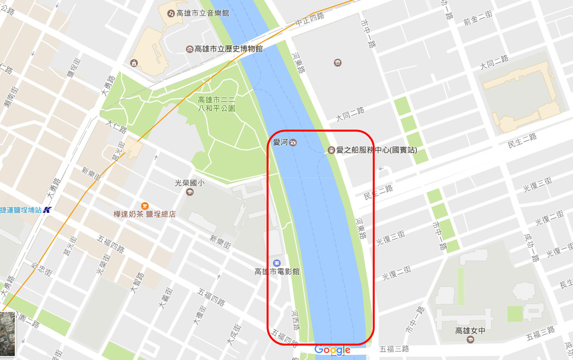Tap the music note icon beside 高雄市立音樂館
(168, 12)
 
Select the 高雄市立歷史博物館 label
(228, 49)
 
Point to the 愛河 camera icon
(293, 142)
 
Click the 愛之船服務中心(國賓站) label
(376, 150)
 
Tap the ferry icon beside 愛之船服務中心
(331, 150)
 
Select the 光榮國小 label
(190, 183)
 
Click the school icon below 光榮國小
(190, 192)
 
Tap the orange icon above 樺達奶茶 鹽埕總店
(144, 205)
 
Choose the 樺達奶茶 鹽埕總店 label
(144, 214)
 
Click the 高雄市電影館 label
(277, 272)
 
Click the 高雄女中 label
(469, 331)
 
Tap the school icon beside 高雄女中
(469, 339)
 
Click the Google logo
(332, 350)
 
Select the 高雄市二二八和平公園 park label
(217, 104)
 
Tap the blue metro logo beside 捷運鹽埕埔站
(47, 210)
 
